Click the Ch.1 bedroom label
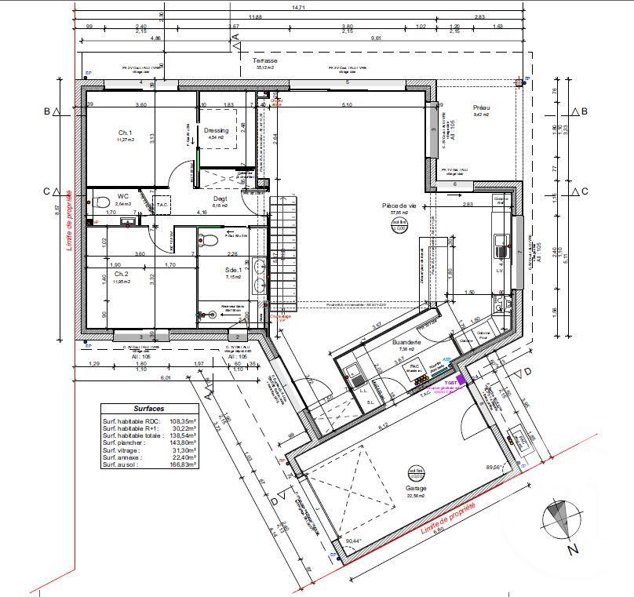(x=125, y=133)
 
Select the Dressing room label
(x=216, y=130)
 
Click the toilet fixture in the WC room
(x=101, y=202)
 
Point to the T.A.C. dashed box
(x=162, y=203)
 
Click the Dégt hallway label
(x=220, y=177)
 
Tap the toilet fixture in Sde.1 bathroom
(x=203, y=239)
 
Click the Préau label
(x=481, y=108)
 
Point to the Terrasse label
(x=264, y=60)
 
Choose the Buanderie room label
(x=407, y=343)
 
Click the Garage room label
(x=417, y=488)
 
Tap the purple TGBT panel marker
(x=461, y=379)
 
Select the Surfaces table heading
(x=148, y=410)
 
